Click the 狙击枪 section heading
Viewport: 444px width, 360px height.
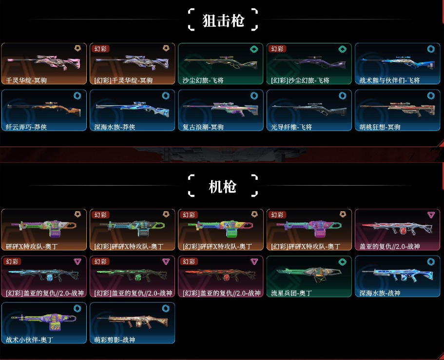(x=223, y=20)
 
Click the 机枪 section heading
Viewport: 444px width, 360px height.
(x=223, y=187)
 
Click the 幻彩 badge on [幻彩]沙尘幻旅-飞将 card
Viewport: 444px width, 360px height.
(x=278, y=49)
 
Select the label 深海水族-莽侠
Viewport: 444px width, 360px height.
(x=115, y=127)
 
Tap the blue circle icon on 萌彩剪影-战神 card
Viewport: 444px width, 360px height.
(x=165, y=308)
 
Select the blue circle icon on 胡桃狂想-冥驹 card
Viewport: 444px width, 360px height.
(x=431, y=95)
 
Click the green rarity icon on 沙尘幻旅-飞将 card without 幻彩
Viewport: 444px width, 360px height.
(x=254, y=49)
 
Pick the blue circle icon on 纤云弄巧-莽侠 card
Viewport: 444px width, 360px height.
(x=77, y=95)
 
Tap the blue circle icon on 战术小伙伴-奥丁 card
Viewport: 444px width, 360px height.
(x=77, y=308)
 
